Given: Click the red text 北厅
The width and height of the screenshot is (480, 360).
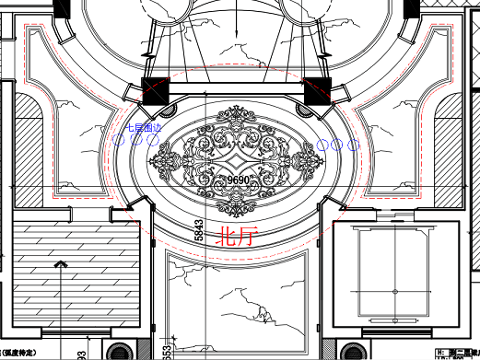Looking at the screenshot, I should click(x=236, y=238).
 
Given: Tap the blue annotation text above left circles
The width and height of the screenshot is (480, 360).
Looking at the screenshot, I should click(x=143, y=130).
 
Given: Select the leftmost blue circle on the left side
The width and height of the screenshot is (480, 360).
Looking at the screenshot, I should click(x=120, y=143).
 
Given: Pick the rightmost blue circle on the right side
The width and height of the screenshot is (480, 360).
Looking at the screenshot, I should click(x=353, y=144).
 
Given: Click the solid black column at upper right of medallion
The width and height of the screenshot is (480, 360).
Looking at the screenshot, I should click(x=317, y=90).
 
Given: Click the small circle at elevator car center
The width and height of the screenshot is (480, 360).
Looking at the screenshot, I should click(x=394, y=293).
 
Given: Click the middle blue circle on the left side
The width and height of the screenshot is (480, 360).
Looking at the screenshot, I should click(x=136, y=143).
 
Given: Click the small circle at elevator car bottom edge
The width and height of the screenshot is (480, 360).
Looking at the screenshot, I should click(x=394, y=328).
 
